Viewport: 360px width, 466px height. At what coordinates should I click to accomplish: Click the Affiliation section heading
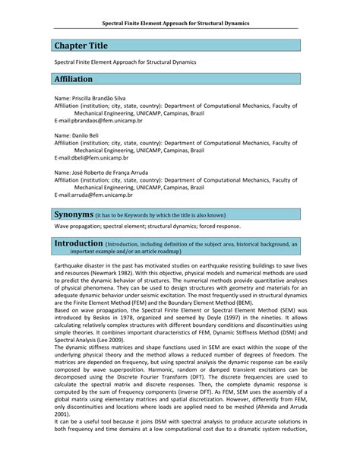point(73,79)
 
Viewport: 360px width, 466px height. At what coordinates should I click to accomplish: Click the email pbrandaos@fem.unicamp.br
point(99,120)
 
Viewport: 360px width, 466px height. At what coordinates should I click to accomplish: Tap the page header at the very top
point(181,23)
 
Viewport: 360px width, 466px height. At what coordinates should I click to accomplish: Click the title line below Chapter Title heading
point(125,61)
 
